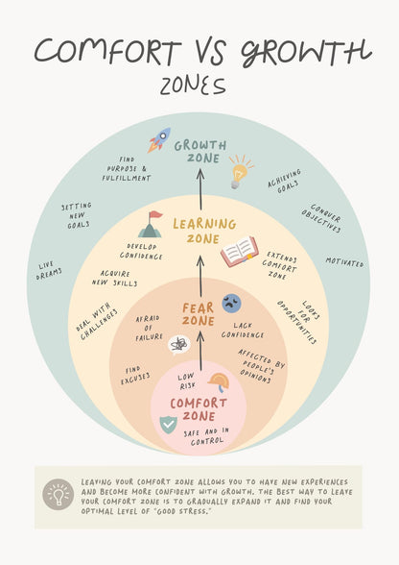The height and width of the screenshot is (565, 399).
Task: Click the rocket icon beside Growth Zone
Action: pyautogui.click(x=158, y=140)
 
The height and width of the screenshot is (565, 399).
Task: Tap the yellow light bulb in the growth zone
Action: pyautogui.click(x=240, y=172)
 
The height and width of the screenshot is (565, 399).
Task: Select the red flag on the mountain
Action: pyautogui.click(x=155, y=215)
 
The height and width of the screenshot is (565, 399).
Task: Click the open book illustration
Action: pyautogui.click(x=239, y=252)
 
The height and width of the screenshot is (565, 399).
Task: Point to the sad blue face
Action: pyautogui.click(x=231, y=303)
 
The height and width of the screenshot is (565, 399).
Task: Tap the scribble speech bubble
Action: pyautogui.click(x=179, y=345)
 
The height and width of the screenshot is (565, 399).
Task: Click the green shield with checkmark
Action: pyautogui.click(x=168, y=425)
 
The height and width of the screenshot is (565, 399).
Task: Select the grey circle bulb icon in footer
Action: pyautogui.click(x=59, y=494)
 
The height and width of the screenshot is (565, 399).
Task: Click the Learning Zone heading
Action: pyautogui.click(x=204, y=231)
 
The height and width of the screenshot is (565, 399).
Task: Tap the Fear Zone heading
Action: pyautogui.click(x=199, y=314)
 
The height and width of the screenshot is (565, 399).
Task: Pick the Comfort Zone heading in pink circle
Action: pyautogui.click(x=199, y=409)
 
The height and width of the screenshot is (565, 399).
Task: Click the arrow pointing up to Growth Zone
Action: pyautogui.click(x=200, y=190)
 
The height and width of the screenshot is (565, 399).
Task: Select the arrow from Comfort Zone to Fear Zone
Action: pyautogui.click(x=200, y=351)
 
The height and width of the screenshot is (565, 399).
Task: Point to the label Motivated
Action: pyautogui.click(x=344, y=262)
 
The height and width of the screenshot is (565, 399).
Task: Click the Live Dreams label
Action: pyautogui.click(x=49, y=270)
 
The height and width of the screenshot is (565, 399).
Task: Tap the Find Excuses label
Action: pyautogui.click(x=135, y=376)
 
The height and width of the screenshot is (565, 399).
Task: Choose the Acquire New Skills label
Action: pyautogui.click(x=115, y=279)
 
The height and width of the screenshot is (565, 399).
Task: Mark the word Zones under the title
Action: pyautogui.click(x=193, y=86)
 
